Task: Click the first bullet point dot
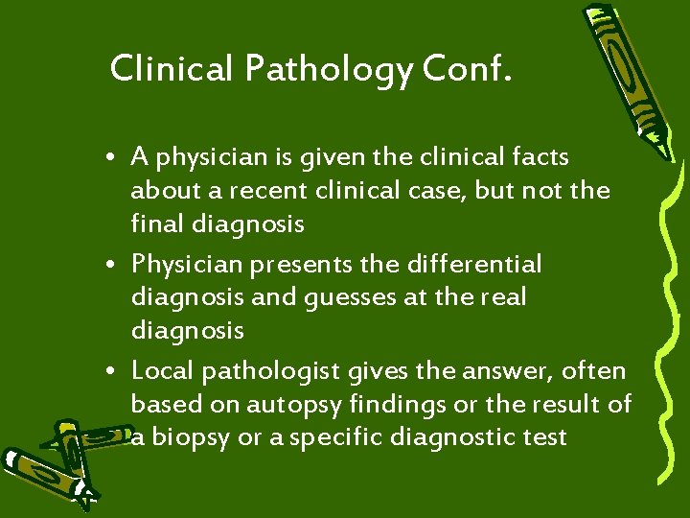(113, 157)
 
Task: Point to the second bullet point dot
(113, 264)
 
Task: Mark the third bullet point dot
(113, 371)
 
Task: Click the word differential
(488, 262)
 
